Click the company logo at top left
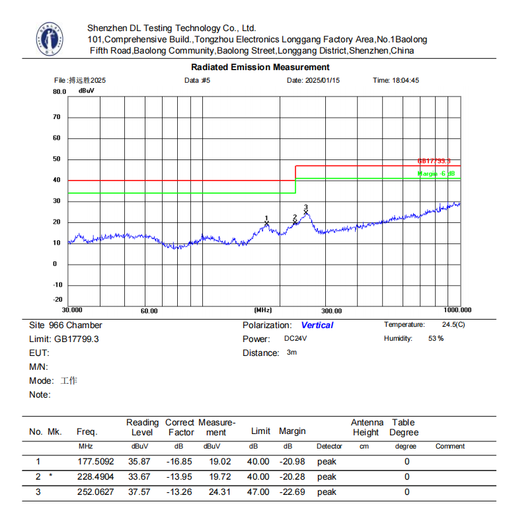(x=50, y=40)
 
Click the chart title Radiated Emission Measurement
(x=260, y=67)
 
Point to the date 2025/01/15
(x=322, y=80)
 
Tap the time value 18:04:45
(x=405, y=80)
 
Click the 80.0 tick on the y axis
(x=59, y=92)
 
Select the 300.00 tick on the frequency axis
(x=331, y=310)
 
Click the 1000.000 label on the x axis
(x=457, y=310)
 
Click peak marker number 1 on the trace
(x=266, y=223)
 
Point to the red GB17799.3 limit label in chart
(x=434, y=161)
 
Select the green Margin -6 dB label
(x=436, y=173)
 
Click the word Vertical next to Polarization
(x=317, y=325)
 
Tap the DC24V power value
(x=295, y=338)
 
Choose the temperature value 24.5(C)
(x=453, y=325)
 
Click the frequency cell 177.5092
(x=95, y=461)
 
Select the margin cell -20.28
(x=292, y=476)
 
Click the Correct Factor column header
(x=180, y=427)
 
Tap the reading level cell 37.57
(x=142, y=492)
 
